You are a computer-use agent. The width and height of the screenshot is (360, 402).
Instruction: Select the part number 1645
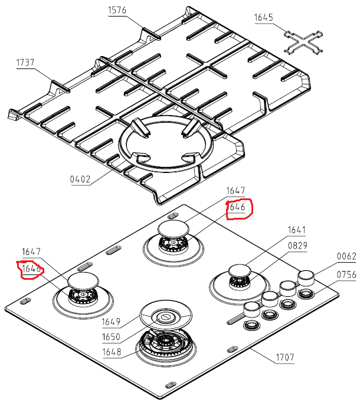pos(264,18)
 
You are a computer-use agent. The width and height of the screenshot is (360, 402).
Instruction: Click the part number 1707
pos(284,357)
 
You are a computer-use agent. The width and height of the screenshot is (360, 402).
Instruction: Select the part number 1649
pos(112,322)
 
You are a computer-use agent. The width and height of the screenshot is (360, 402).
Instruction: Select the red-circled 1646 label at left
pos(31,269)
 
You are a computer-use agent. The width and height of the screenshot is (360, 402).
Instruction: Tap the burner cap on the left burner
pos(83,282)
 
